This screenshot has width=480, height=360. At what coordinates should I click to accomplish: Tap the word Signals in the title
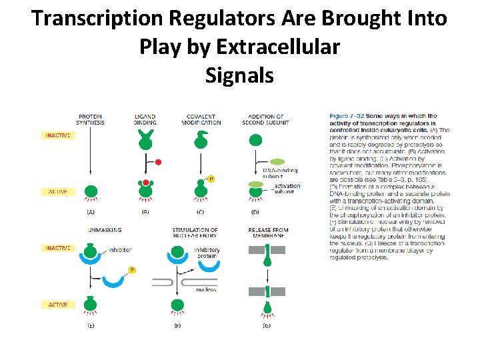[x=240, y=75]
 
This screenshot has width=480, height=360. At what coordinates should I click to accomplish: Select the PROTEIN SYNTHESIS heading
[x=91, y=119]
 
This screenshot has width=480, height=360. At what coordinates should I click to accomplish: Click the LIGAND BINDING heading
[x=145, y=119]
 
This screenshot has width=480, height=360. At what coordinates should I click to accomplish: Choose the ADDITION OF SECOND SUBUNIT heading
[x=265, y=119]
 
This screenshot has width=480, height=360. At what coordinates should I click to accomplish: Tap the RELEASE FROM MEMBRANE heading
[x=266, y=233]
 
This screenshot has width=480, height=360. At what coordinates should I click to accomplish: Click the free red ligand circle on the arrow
[x=158, y=162]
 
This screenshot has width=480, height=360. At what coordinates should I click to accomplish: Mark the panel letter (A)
[x=91, y=212]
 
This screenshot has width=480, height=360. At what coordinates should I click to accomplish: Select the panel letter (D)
[x=256, y=212]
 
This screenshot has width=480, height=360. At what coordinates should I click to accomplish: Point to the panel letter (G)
[x=267, y=326]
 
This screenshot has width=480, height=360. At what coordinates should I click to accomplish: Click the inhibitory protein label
[x=207, y=253]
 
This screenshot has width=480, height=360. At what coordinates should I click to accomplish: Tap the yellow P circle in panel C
[x=211, y=179]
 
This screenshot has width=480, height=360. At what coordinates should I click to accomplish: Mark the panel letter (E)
[x=91, y=326]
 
